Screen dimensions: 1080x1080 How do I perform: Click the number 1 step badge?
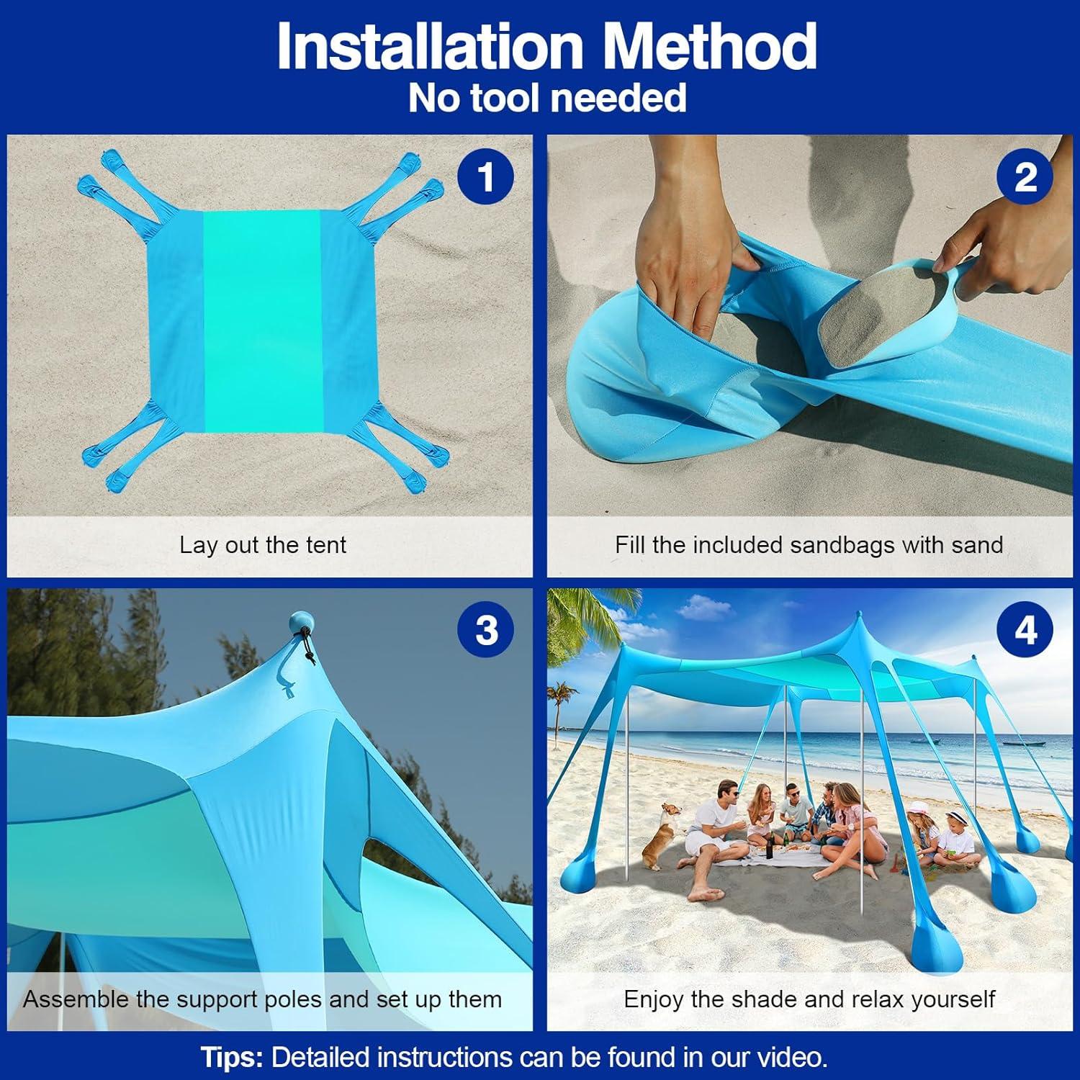(486, 177)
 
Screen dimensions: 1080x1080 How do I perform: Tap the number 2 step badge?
(1025, 177)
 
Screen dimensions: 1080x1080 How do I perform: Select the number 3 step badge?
(486, 631)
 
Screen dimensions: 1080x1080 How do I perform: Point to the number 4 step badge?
(1025, 631)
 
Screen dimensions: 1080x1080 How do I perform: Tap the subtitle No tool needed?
(547, 97)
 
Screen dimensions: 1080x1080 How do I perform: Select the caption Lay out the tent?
(263, 545)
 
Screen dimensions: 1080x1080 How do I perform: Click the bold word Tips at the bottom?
(232, 1058)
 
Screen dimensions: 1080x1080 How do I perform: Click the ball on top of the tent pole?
(298, 622)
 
